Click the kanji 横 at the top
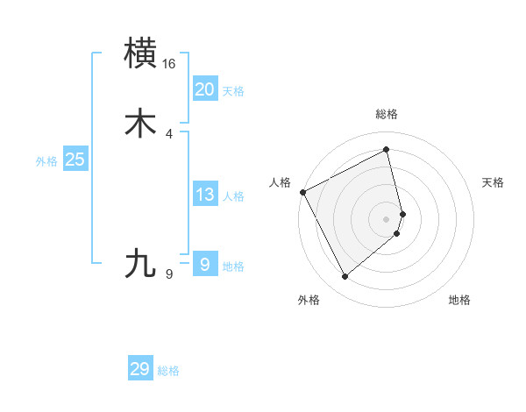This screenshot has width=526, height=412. point(141,53)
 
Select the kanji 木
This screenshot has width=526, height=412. point(141,124)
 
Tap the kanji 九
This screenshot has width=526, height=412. point(141,264)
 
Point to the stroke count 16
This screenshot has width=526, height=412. point(169,64)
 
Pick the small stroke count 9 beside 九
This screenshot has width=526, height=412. point(169,274)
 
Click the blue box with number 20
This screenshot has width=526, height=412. point(204,89)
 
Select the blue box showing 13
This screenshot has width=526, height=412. point(204,195)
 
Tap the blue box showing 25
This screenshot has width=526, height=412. point(75,160)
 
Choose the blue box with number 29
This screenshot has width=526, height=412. point(140,369)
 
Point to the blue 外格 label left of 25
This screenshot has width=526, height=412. point(46,161)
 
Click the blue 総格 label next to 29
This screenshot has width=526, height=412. point(168,371)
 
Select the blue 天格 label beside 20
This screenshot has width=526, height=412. point(233,91)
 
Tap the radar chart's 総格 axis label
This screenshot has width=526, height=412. point(387,114)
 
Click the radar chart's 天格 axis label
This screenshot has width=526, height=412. point(494,182)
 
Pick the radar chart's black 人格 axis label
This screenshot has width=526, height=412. point(280,182)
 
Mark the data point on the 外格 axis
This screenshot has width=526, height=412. point(345,277)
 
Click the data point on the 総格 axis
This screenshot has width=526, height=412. point(387,150)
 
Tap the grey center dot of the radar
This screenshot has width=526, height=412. point(387,218)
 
